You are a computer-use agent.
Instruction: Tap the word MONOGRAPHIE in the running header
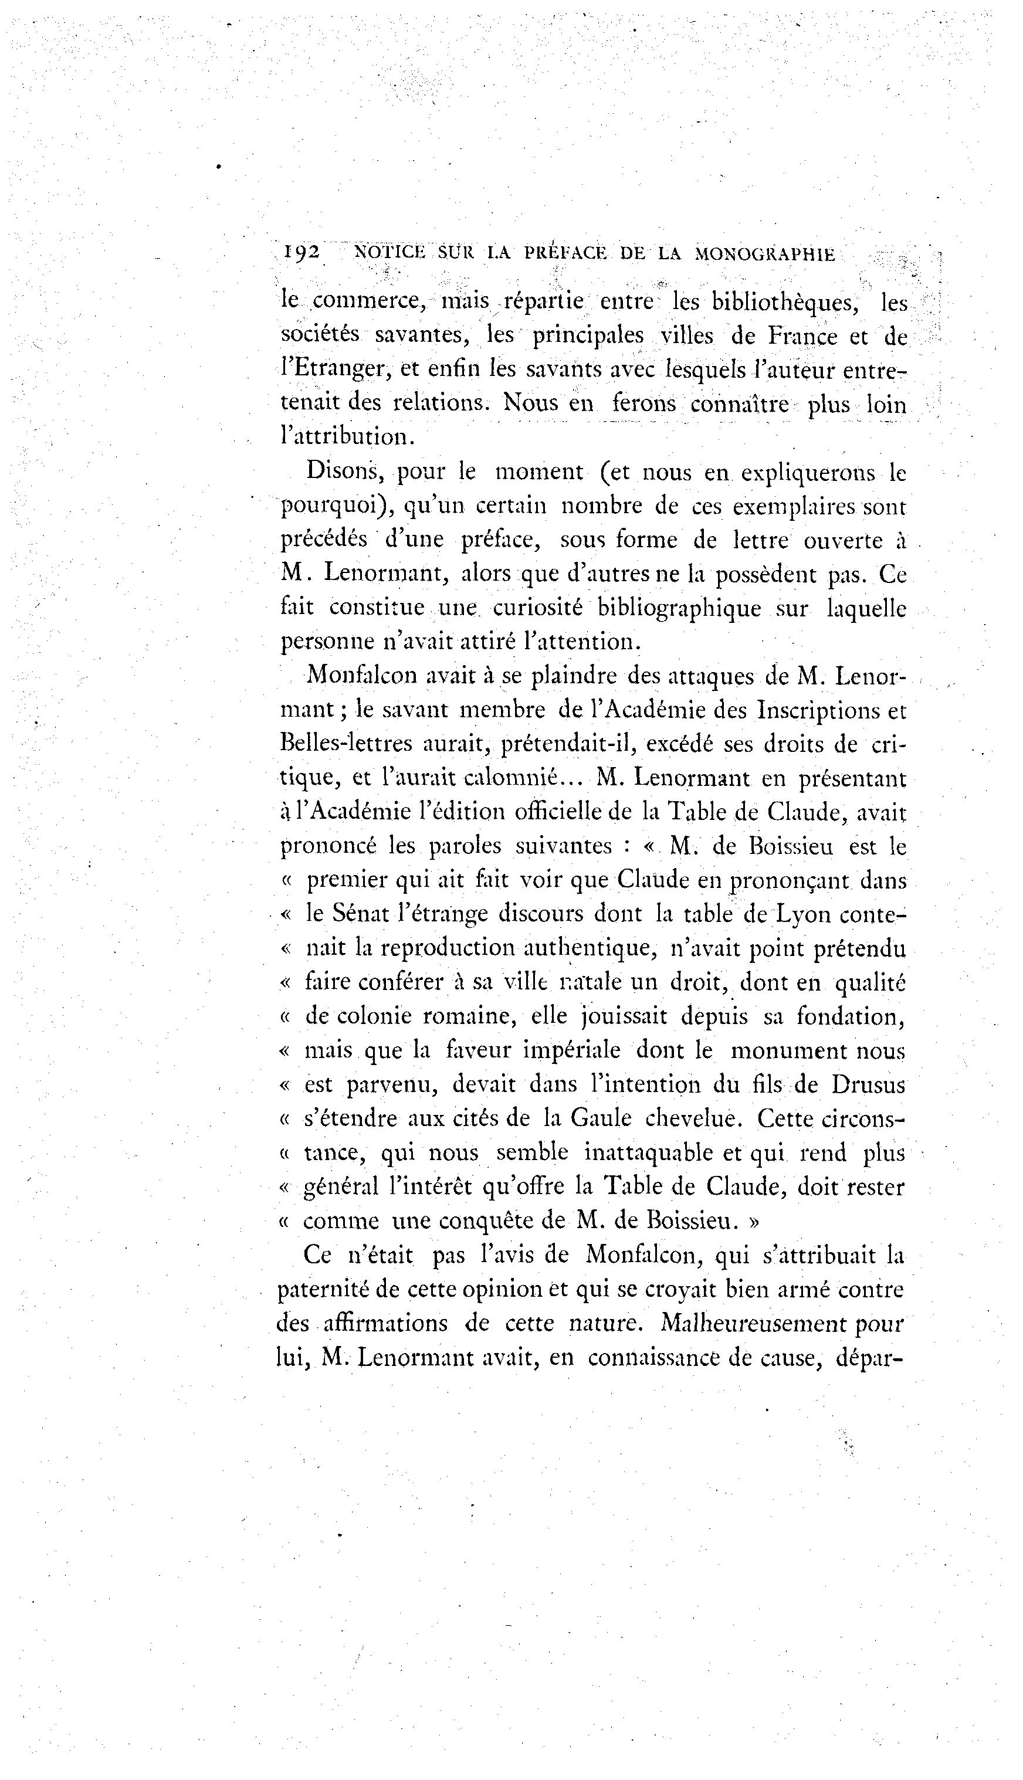[x=765, y=255]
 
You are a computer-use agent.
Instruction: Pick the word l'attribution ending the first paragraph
[x=344, y=437]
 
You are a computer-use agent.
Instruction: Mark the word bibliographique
[x=679, y=608]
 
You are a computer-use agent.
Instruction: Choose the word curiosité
[x=540, y=608]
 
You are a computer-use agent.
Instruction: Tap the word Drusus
[x=868, y=1085]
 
